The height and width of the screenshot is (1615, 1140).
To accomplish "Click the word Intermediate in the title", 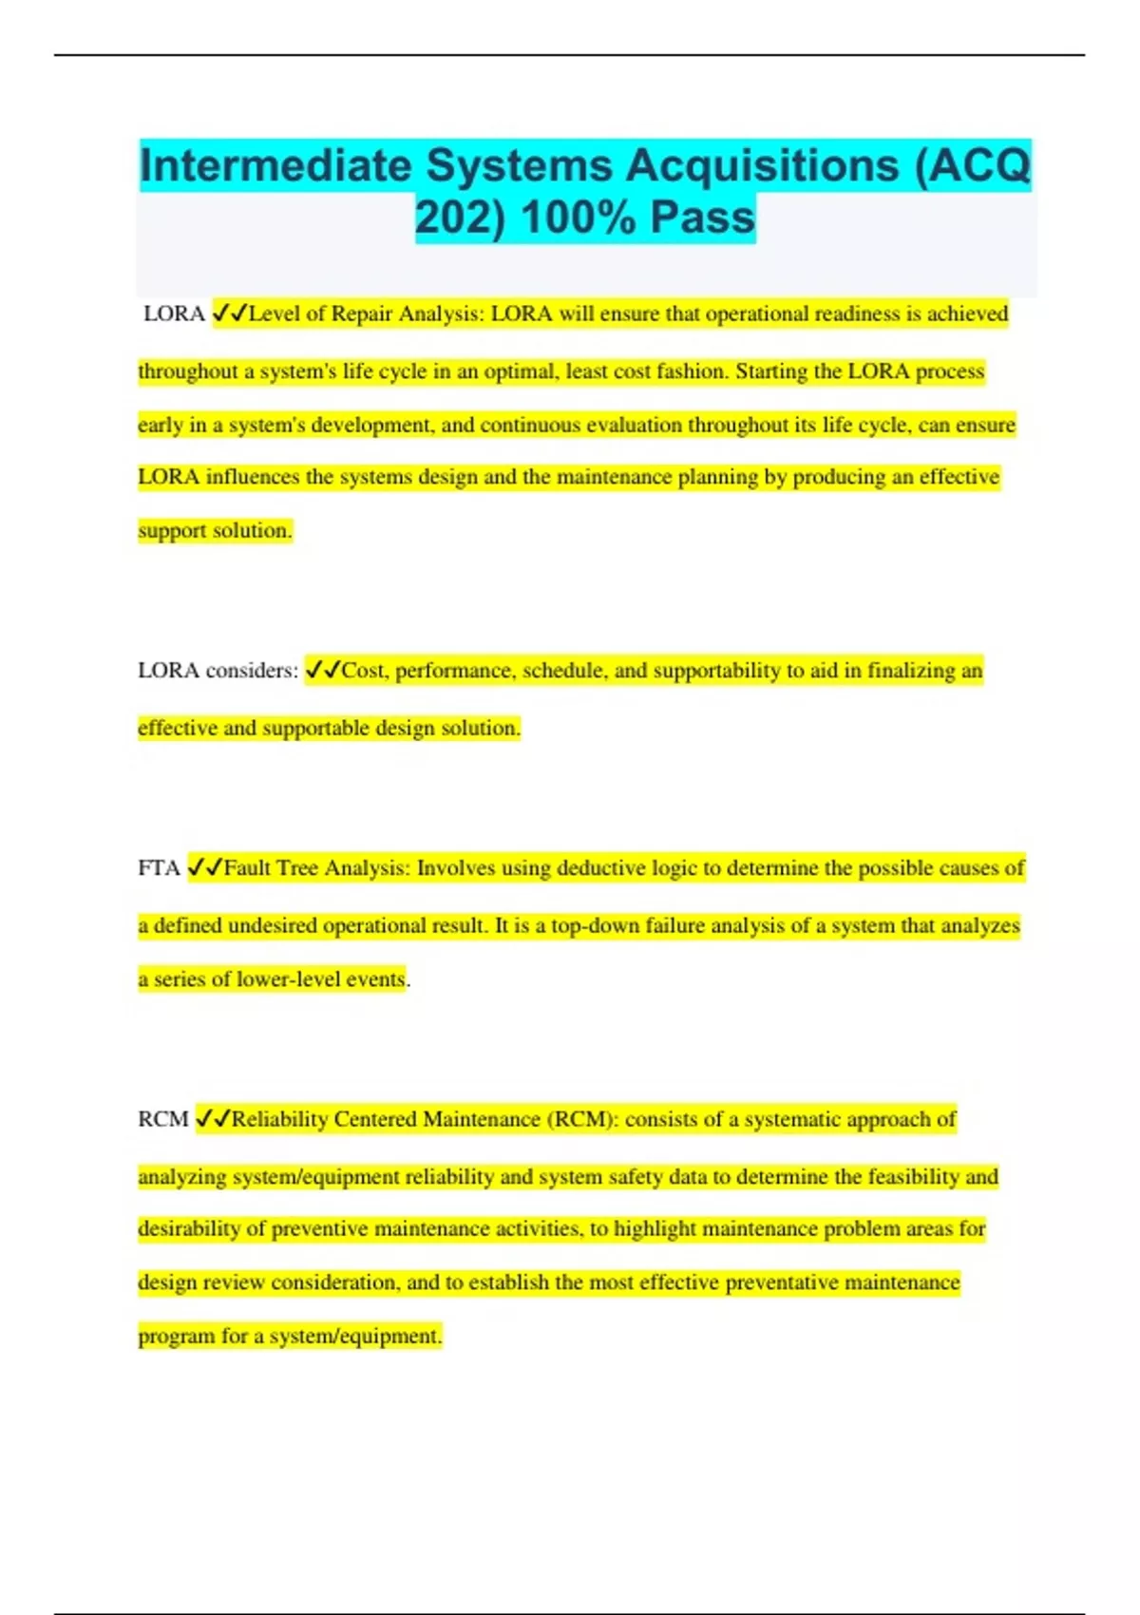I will click(x=275, y=166).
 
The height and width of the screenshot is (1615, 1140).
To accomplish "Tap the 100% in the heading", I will click(x=578, y=218).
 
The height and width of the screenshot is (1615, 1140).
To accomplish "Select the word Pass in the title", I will click(x=703, y=218).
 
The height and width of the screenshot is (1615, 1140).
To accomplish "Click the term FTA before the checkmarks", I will click(x=159, y=868).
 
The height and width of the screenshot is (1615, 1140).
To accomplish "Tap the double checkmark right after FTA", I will click(x=205, y=868).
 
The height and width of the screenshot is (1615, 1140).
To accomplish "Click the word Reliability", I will click(x=279, y=1120).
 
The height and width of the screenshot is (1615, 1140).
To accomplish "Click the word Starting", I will click(x=771, y=371).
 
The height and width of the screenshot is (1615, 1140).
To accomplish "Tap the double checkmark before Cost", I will click(x=323, y=671).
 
